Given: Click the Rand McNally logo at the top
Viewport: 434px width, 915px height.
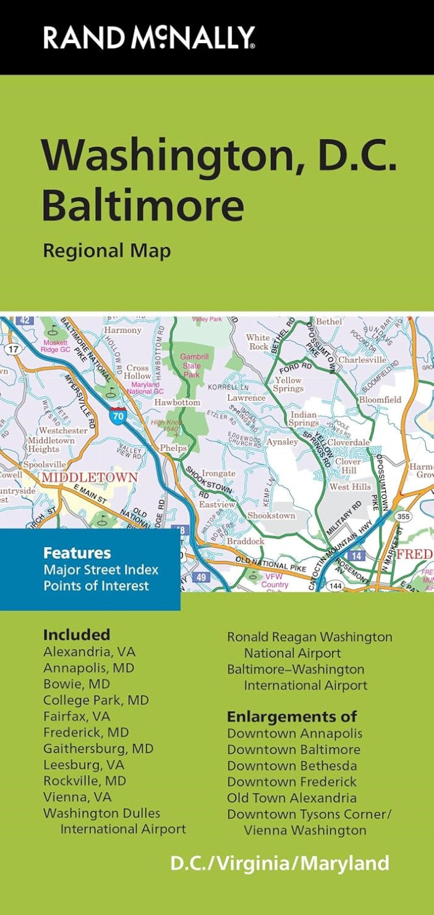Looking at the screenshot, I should tap(148, 37).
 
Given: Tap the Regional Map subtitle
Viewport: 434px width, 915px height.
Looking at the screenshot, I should tap(106, 251).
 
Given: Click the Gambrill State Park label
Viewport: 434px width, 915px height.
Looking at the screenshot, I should tap(192, 366).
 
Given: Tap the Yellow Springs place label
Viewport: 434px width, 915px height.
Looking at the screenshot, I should tap(288, 385).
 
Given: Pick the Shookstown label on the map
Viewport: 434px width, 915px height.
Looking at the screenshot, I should tap(271, 515).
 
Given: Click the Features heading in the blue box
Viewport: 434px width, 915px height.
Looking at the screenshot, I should tap(77, 553).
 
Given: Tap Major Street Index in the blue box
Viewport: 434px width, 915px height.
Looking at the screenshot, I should tap(101, 569).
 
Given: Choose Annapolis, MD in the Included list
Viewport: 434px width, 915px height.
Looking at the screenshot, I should tap(88, 668).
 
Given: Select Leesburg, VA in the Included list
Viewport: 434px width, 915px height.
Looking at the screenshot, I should tap(83, 764).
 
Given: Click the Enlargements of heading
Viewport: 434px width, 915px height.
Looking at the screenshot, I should tap(292, 717).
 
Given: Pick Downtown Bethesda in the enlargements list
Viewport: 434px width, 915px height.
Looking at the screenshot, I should tap(292, 766).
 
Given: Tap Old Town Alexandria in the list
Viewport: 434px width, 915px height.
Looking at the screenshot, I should tap(292, 798).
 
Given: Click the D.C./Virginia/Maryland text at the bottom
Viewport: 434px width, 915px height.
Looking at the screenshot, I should tap(280, 863).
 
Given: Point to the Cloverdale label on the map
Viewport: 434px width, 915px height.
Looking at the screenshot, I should tap(348, 443).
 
